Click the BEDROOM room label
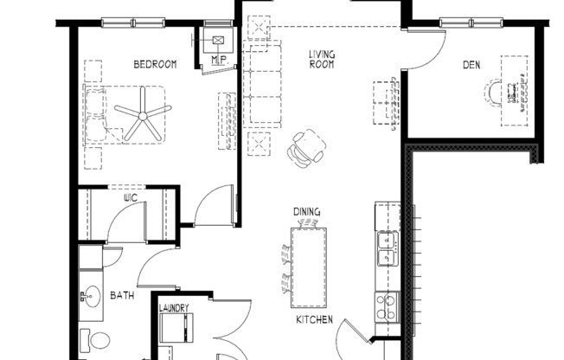coord(155,64)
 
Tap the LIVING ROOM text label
coord(322,59)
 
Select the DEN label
coord(471,63)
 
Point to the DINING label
coord(306,211)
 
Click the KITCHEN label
coord(315,320)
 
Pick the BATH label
coord(122,296)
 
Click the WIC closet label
coord(131,198)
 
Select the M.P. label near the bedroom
coord(218,61)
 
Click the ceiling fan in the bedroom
coord(141,113)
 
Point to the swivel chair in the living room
coord(306,146)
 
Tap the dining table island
coord(310,264)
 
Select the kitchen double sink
coord(386,247)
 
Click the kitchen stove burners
coord(385,305)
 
